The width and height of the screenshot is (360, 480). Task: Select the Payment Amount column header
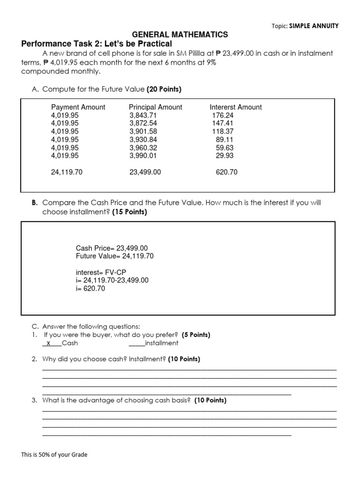[x=78, y=107]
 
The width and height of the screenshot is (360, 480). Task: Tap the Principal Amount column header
[x=156, y=107]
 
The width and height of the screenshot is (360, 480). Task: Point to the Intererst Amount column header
[x=236, y=107]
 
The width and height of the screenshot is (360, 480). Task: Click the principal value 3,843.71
[x=143, y=115]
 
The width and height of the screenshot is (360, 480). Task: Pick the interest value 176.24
[x=223, y=115]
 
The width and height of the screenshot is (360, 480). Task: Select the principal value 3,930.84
[x=143, y=140]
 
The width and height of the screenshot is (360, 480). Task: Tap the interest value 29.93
[x=225, y=156]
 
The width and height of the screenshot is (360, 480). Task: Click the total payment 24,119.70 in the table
[x=67, y=172]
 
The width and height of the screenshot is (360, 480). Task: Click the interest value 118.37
[x=223, y=131]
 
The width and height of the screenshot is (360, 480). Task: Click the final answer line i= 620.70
[x=90, y=289]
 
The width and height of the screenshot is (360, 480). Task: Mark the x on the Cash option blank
[x=49, y=343]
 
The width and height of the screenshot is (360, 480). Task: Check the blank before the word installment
[x=137, y=343]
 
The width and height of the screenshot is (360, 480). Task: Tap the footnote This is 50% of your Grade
[x=54, y=454]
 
